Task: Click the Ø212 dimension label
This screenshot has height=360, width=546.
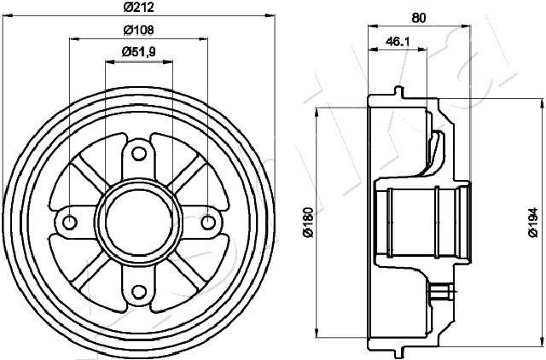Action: (138, 8)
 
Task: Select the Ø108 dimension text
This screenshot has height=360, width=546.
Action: (138, 30)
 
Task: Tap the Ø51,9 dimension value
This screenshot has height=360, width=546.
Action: (138, 52)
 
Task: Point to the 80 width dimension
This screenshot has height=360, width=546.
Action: (418, 17)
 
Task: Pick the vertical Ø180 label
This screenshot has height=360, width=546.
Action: (309, 224)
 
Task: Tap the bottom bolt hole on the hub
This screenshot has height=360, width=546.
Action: (139, 292)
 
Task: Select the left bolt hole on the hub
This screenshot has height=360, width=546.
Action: (70, 223)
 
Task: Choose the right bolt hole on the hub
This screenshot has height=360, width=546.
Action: (208, 223)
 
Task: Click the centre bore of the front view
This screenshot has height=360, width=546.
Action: (139, 223)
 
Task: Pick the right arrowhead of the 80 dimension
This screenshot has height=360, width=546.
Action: (468, 26)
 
